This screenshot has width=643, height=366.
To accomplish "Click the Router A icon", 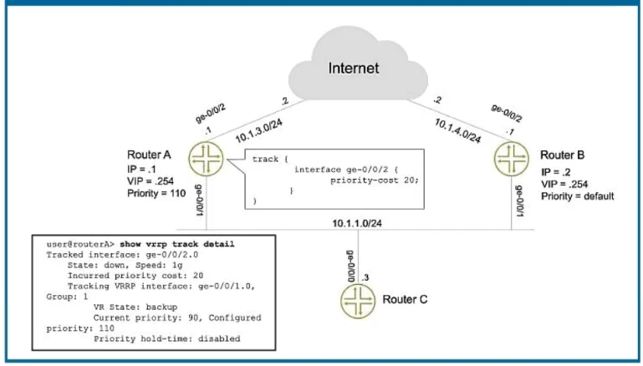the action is (x=206, y=159).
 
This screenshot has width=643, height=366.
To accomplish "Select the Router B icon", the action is (x=511, y=159).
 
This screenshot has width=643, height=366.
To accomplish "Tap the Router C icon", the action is (x=358, y=301).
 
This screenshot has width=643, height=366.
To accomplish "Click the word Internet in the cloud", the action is (x=354, y=68).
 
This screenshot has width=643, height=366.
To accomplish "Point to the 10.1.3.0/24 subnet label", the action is (x=258, y=130).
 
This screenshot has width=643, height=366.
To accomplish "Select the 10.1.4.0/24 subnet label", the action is (x=457, y=130).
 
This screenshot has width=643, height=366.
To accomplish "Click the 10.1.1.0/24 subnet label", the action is (x=357, y=223).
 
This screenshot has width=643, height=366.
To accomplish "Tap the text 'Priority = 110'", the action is (x=156, y=194).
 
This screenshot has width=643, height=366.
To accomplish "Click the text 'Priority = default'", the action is (x=578, y=196).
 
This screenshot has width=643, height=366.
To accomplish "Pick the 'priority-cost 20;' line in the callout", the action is (x=375, y=180).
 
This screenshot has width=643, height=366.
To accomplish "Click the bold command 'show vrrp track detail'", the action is (x=177, y=244).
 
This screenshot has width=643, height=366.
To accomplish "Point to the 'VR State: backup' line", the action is (x=135, y=307).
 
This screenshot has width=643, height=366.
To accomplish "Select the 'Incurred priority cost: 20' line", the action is (x=135, y=276).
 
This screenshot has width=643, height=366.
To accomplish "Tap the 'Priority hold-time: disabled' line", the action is (x=167, y=339).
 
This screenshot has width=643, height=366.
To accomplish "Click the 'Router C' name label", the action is (x=405, y=300).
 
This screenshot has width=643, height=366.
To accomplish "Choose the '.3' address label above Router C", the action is (x=365, y=277).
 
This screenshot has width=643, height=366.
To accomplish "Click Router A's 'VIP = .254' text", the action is (x=151, y=181).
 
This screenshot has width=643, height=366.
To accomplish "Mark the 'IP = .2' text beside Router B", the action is (x=556, y=172).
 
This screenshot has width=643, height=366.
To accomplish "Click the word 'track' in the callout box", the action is (x=265, y=159).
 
